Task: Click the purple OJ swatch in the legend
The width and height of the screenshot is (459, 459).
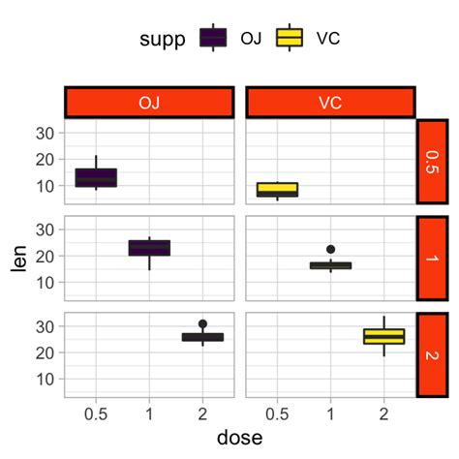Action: (x=213, y=38)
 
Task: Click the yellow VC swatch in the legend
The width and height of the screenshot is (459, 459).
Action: (x=289, y=38)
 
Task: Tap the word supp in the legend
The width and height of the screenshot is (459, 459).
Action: (x=162, y=39)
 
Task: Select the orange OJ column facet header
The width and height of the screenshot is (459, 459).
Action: (x=149, y=102)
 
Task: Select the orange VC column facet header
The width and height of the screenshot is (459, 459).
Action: (x=330, y=102)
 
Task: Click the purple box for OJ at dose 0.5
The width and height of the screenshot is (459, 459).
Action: (x=96, y=177)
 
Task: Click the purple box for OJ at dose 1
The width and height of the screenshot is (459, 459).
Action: (x=149, y=248)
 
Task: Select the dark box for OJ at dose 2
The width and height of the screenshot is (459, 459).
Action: (x=202, y=337)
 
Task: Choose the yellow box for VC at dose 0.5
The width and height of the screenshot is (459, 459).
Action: (x=277, y=189)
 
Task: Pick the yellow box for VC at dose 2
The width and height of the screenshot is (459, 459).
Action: (x=383, y=336)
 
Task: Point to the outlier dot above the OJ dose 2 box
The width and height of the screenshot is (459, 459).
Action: (x=202, y=323)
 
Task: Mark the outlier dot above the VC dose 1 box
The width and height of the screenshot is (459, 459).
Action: (x=330, y=250)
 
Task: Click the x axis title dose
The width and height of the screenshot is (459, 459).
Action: (x=239, y=438)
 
